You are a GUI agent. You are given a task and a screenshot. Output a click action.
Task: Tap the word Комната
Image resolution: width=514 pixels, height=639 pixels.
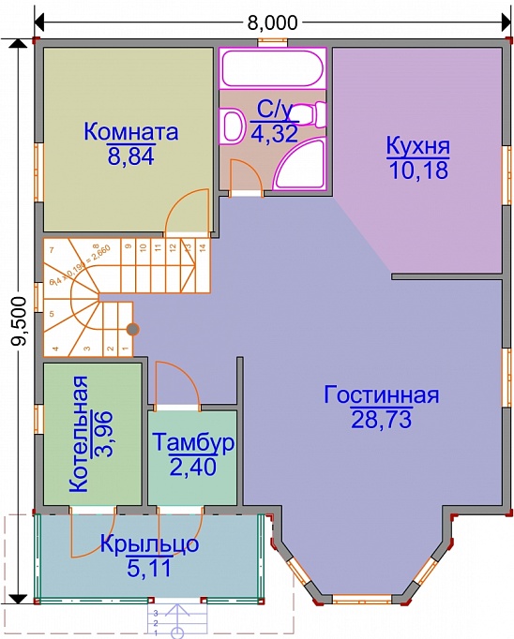[x=131, y=131]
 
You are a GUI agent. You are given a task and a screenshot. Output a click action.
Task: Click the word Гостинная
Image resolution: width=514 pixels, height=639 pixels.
[x=382, y=394]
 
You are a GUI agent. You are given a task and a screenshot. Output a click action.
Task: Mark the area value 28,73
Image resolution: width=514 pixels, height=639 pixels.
[x=382, y=418]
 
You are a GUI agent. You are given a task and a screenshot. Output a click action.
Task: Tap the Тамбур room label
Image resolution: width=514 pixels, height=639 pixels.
[x=194, y=440]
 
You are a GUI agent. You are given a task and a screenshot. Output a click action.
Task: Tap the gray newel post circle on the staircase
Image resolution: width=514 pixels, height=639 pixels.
[x=133, y=329]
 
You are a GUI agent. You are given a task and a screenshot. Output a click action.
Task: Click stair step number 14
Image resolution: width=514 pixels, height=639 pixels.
[x=201, y=249]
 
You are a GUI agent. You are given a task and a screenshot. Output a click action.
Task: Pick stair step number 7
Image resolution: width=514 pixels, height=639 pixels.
[x=53, y=249]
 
